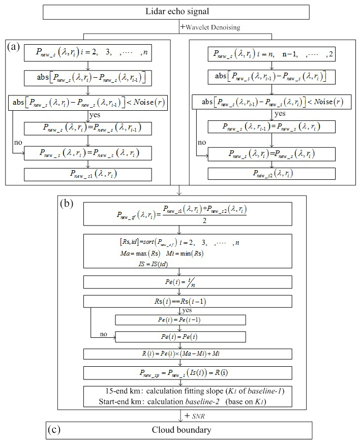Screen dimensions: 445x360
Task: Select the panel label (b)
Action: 67,204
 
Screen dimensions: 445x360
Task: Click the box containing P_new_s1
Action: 88,175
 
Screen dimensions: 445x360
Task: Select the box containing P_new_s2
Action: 272,173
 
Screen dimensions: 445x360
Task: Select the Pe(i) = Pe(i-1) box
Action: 181,320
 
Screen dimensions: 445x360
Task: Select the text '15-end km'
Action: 121,392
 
